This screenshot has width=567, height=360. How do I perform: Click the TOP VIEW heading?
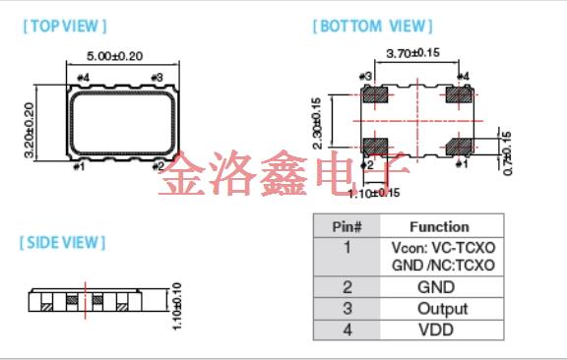pyautogui.click(x=64, y=27)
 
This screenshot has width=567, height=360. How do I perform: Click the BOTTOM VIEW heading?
pyautogui.click(x=372, y=27)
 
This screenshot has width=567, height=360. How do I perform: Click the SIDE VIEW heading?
pyautogui.click(x=62, y=242)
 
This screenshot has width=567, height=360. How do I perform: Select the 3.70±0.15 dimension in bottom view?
pyautogui.click(x=412, y=53)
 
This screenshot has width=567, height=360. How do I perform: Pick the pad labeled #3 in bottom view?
pyautogui.click(x=375, y=95)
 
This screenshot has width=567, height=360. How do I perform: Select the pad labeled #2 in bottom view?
pyautogui.click(x=375, y=147)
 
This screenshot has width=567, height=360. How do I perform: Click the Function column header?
pyautogui.click(x=439, y=226)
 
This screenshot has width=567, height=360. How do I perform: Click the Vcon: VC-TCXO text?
pyautogui.click(x=442, y=248)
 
